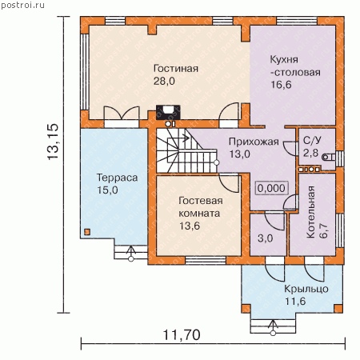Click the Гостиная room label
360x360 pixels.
pos(176,69)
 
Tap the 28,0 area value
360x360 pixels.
pos(164,81)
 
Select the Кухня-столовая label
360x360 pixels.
pos(295,66)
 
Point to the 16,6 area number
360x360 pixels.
pos(281,85)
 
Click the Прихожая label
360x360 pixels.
pos(254,142)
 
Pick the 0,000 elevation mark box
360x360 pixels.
pos(271,188)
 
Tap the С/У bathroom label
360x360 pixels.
pos(312,141)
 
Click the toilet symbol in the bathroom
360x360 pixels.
pos(328,157)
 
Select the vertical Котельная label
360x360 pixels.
pos(311,212)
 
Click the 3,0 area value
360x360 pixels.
pos(266,238)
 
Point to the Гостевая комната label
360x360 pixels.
pos(201,207)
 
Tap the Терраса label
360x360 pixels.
pos(117,178)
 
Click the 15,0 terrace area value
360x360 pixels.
pos(107,190)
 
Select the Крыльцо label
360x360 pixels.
pos(306,289)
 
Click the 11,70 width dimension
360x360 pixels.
pos(182,335)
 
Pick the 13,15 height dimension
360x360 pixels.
pos(53,142)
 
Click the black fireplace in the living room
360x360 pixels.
pos(168,112)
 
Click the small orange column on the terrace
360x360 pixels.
pos(87,232)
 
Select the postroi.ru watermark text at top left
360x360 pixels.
pos(23,5)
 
